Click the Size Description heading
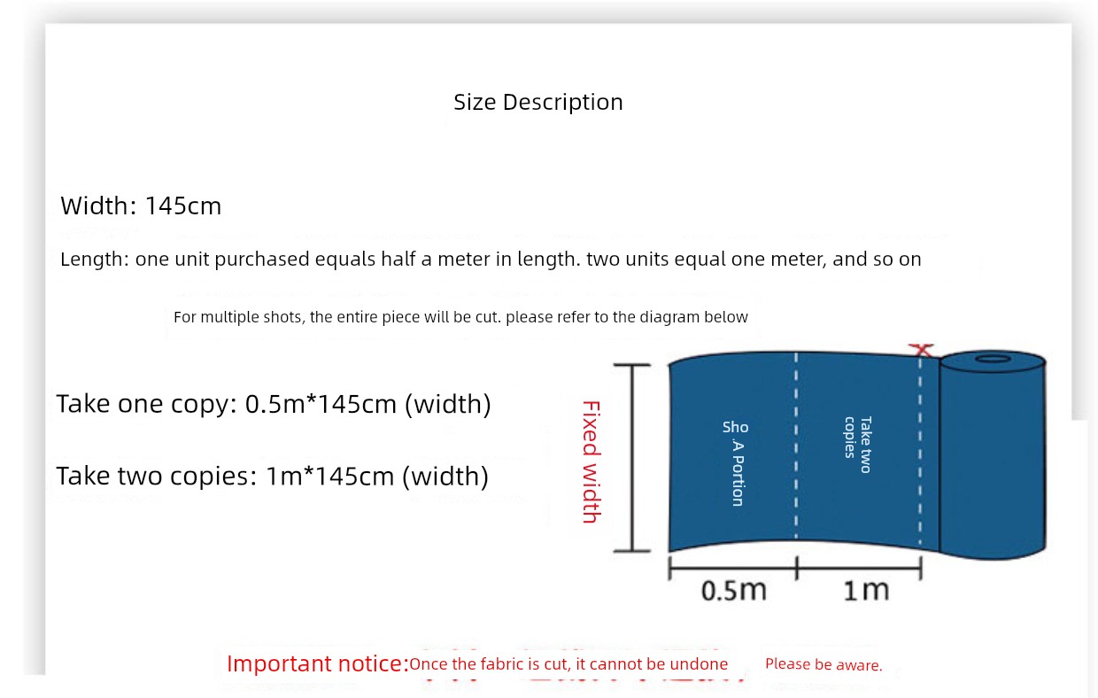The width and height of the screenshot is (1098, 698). click(537, 103)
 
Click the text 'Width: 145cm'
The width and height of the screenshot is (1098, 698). click(141, 206)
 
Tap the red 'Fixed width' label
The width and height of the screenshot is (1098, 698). click(592, 462)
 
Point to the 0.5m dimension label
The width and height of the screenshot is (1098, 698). click(733, 590)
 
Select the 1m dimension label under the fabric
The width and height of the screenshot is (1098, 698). click(866, 590)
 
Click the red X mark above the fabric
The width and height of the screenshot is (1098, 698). click(921, 350)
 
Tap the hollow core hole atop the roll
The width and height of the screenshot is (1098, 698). click(993, 359)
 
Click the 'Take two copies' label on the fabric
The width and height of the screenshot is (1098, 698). click(858, 445)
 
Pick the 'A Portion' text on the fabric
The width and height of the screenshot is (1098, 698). click(738, 473)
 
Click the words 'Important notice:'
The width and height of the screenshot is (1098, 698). click(318, 663)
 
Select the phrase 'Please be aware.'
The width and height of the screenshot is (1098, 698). click(823, 664)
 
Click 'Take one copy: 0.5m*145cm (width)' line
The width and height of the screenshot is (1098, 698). click(274, 404)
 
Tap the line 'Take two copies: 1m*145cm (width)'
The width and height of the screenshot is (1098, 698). click(273, 477)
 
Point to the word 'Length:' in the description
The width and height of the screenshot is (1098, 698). click(95, 259)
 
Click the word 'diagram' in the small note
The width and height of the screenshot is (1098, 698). click(657, 317)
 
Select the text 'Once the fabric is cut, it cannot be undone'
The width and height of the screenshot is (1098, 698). click(568, 664)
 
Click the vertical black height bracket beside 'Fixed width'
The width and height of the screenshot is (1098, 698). click(632, 458)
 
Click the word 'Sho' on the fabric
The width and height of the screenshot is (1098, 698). click(735, 427)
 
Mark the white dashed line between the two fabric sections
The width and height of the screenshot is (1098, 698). click(796, 446)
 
